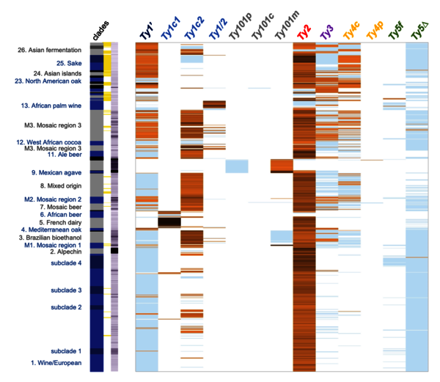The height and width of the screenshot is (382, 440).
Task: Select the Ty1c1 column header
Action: click(172, 31)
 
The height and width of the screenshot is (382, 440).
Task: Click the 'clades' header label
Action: click(98, 32)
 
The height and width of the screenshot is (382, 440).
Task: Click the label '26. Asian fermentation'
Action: click(51, 51)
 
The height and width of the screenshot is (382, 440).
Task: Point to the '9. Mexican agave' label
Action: click(56, 172)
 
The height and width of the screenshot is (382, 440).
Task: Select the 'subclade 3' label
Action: click(66, 290)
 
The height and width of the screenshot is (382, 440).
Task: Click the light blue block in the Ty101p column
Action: click(236, 166)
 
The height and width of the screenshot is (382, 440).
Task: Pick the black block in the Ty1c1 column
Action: click(169, 221)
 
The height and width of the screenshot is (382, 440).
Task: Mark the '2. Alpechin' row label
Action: click(65, 251)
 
